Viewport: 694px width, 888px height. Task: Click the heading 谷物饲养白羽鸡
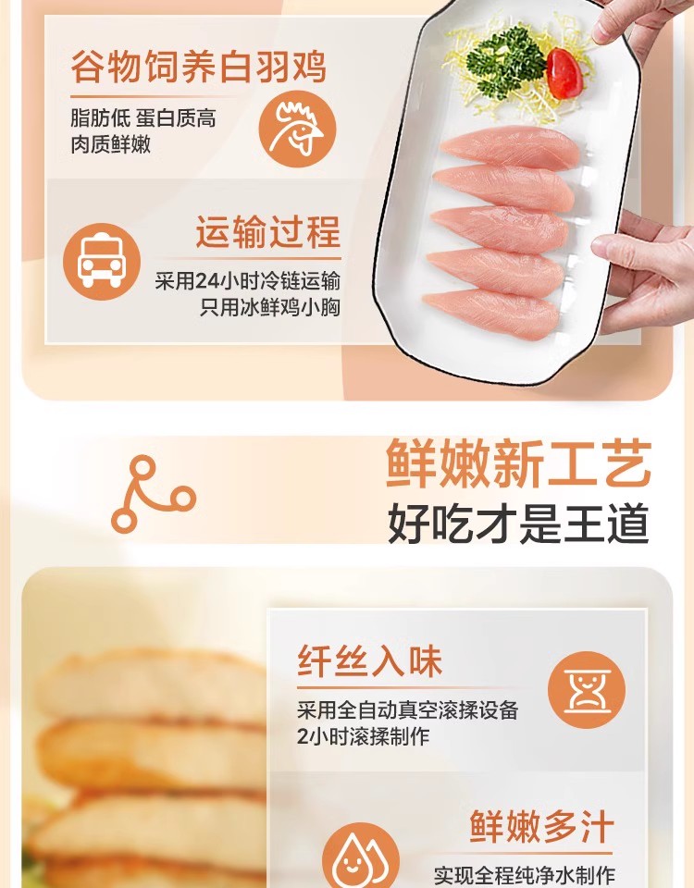click(x=198, y=68)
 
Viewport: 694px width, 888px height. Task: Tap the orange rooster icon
click(x=297, y=129)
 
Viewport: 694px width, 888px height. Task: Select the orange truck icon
click(x=102, y=262)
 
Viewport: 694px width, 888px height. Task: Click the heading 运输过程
click(x=268, y=231)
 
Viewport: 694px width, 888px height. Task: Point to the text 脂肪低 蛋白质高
click(x=143, y=118)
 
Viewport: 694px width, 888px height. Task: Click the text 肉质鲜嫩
click(x=111, y=144)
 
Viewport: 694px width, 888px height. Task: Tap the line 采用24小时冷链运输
click(x=248, y=281)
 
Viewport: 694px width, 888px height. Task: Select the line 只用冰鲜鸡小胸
click(x=269, y=307)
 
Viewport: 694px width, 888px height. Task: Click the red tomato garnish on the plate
click(x=564, y=73)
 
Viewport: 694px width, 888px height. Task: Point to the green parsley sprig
click(x=503, y=61)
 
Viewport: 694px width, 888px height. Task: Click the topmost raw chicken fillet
click(x=510, y=145)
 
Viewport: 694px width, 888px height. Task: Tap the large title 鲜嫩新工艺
click(x=518, y=463)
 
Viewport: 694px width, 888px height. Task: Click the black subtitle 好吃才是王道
click(x=518, y=524)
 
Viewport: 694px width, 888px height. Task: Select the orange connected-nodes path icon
click(x=153, y=494)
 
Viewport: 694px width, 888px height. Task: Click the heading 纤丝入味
click(x=369, y=660)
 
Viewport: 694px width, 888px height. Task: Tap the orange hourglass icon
click(x=587, y=690)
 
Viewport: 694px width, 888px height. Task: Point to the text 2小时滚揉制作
click(x=363, y=736)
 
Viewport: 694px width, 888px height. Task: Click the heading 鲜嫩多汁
click(x=542, y=826)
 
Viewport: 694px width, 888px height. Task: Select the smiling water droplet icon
click(x=361, y=859)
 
